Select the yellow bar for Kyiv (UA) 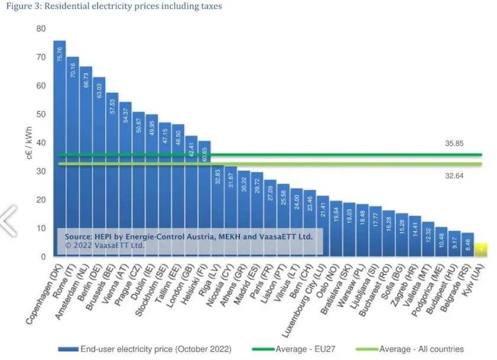click(x=481, y=249)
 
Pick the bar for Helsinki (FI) click(x=204, y=195)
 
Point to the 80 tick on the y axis click(x=41, y=28)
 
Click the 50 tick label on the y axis click(x=41, y=114)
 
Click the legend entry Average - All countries click(x=421, y=349)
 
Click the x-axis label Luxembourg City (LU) click(x=302, y=290)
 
